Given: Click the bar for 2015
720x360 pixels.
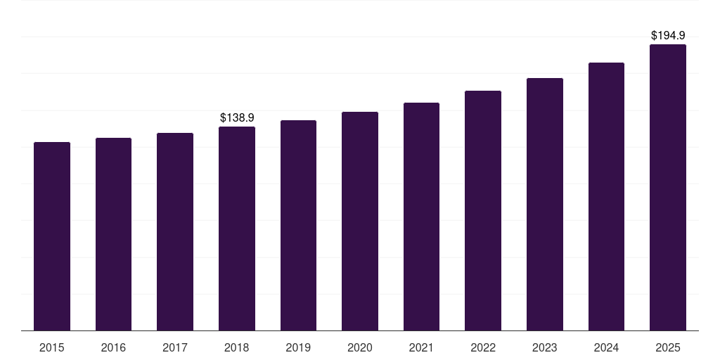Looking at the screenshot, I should (52, 236).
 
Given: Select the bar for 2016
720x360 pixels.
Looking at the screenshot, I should (113, 234).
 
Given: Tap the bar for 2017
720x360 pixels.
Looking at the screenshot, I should (175, 231).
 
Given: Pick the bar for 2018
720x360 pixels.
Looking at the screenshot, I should (237, 229).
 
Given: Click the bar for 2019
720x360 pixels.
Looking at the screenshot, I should (298, 225).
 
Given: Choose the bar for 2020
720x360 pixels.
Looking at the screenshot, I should (360, 221).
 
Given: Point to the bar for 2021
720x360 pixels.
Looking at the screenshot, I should (421, 217).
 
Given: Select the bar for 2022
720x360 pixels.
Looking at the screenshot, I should (483, 210).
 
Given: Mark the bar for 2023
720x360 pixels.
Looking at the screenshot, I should (545, 204).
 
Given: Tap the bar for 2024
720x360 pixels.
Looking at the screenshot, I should (606, 196).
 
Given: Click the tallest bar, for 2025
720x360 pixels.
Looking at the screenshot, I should (668, 187).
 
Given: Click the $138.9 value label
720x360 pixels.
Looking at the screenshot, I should (237, 118).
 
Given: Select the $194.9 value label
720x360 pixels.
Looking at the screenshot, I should (668, 35).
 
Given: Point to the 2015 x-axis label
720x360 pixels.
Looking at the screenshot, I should (52, 347).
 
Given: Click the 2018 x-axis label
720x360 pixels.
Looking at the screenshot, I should (237, 347).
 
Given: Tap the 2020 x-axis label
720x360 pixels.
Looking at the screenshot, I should (360, 347).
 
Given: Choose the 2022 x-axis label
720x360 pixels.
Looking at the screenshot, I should (483, 347).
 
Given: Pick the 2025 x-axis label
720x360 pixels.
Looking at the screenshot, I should (668, 347).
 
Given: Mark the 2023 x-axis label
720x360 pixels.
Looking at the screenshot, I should (545, 347).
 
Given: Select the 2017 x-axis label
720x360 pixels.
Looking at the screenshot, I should (175, 347).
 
